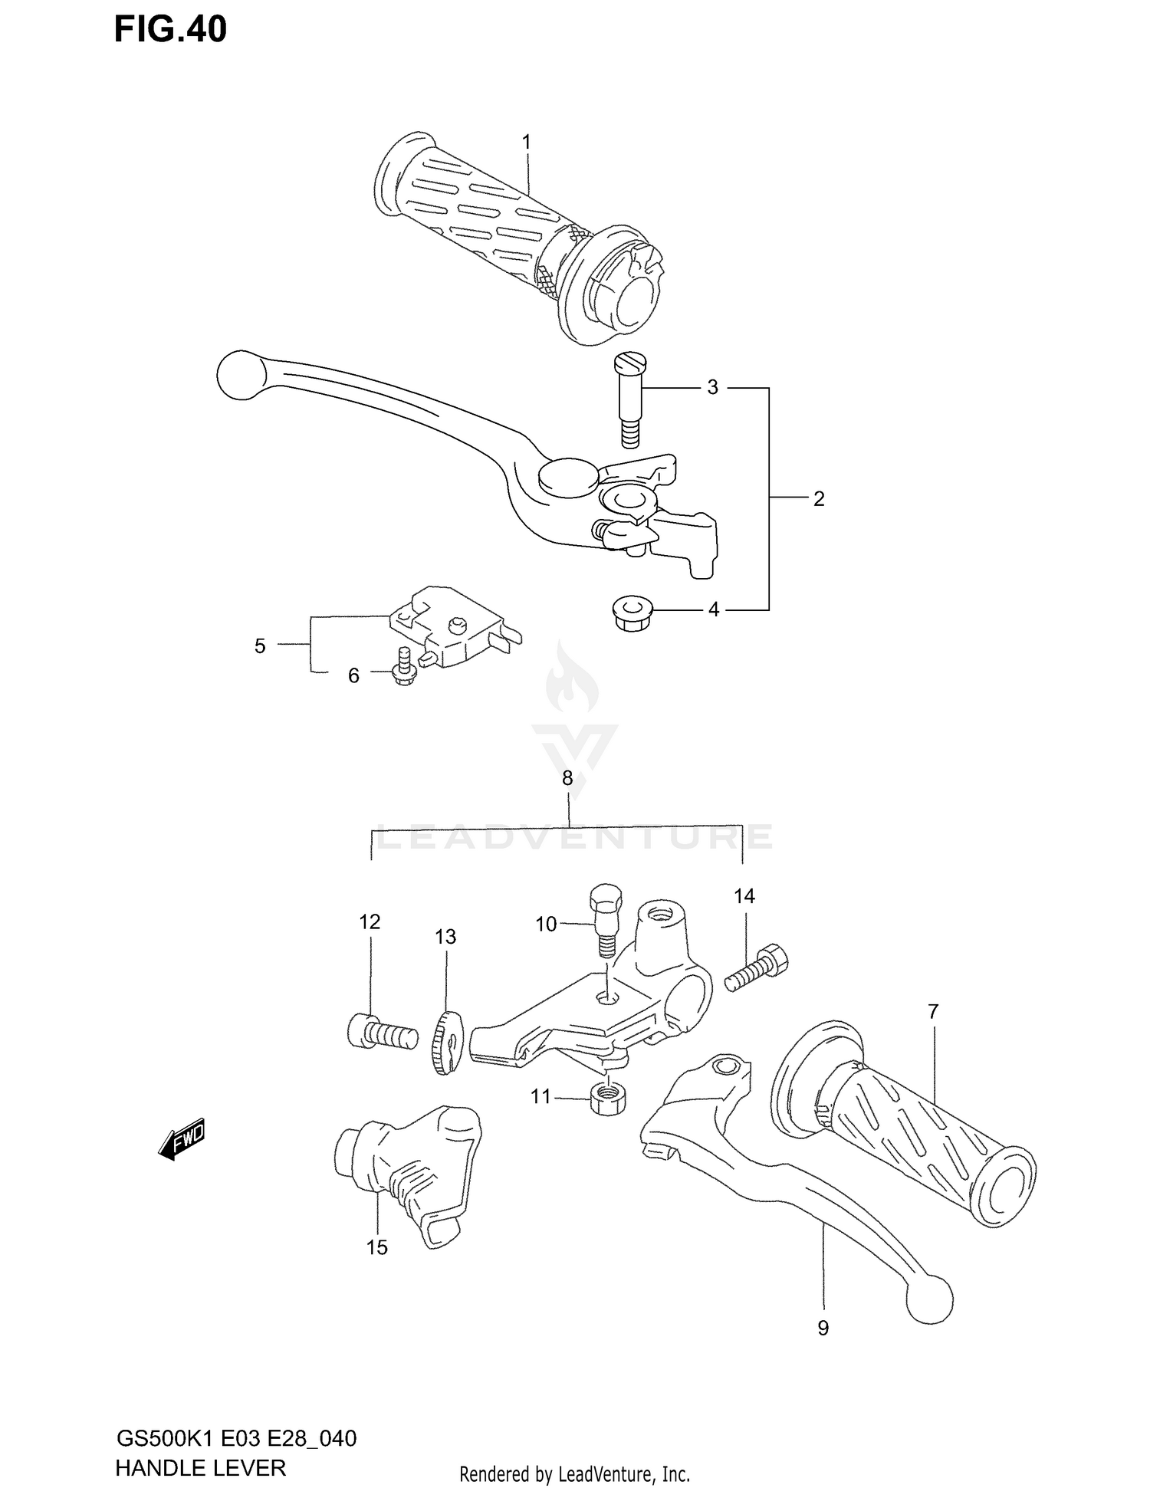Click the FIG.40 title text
(x=170, y=29)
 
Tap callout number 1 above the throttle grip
(x=527, y=142)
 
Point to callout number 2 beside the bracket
(x=819, y=499)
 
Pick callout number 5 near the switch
(x=260, y=646)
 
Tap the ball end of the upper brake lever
(x=240, y=374)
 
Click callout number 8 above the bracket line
(x=567, y=779)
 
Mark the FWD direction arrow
(x=182, y=1138)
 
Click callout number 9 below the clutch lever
(x=823, y=1329)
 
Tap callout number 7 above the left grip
(x=932, y=1012)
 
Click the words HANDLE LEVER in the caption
(x=200, y=1467)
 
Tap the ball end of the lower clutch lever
(x=928, y=1299)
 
